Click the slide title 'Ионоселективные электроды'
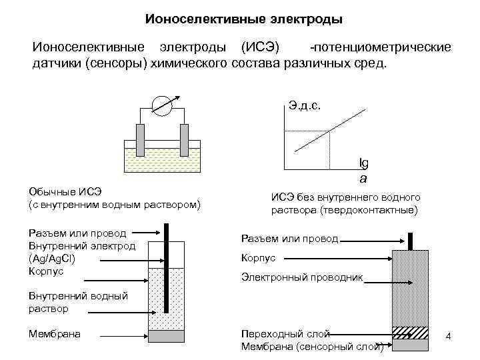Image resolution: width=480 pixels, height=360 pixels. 243,19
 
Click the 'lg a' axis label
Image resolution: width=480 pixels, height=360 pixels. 363,171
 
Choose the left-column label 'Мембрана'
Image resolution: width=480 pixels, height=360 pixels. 55,333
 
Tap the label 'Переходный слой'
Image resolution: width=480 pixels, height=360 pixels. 285,333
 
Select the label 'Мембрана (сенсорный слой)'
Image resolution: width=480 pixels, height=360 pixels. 311,346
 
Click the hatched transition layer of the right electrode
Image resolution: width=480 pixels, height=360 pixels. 410,331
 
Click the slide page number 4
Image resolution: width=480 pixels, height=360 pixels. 448,337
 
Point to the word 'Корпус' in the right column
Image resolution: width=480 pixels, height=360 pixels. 257,258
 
